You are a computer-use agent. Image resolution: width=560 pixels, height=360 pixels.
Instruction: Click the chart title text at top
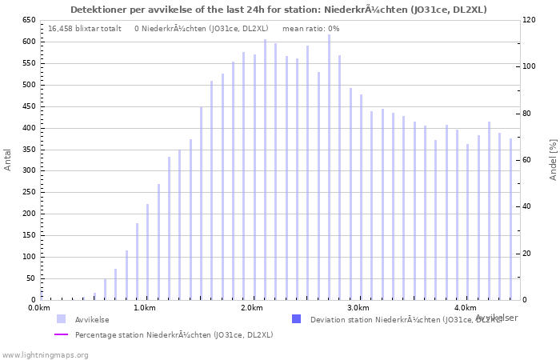278,10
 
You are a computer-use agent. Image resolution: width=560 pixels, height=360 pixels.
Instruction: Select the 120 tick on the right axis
530,20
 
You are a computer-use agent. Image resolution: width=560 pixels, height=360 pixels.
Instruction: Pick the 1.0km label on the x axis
145,308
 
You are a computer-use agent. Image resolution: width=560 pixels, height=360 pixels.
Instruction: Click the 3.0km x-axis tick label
358,308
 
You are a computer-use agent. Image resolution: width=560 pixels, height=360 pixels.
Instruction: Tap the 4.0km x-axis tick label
465,308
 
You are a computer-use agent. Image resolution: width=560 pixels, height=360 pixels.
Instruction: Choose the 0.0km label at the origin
39,308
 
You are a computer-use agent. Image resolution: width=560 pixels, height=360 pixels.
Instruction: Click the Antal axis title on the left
8,159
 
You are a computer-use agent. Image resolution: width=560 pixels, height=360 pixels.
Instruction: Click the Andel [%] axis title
553,159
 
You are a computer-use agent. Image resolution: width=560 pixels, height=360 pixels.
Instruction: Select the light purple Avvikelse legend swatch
62,319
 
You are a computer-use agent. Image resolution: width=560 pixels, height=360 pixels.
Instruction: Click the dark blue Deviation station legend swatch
297,319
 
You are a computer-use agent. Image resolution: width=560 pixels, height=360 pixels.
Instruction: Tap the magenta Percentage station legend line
62,334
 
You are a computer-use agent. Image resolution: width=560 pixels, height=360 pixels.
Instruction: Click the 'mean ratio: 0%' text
311,29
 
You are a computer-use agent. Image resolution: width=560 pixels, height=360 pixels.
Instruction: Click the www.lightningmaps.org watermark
46,354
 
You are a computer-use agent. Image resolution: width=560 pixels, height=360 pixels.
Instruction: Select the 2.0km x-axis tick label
252,308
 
